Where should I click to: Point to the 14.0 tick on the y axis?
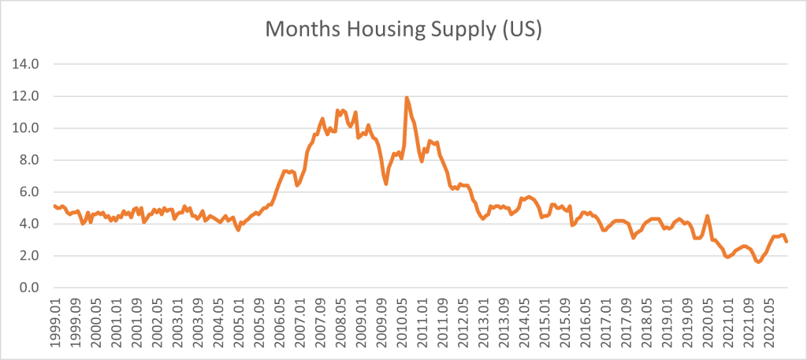28,64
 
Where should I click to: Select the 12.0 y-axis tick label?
28,96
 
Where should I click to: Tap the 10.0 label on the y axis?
28,128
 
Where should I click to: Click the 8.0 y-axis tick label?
31,160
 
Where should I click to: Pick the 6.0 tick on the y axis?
31,191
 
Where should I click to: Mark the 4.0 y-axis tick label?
31,224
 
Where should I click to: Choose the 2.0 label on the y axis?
31,256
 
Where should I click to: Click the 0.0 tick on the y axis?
31,288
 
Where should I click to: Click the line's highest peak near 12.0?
407,98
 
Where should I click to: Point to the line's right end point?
786,241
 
